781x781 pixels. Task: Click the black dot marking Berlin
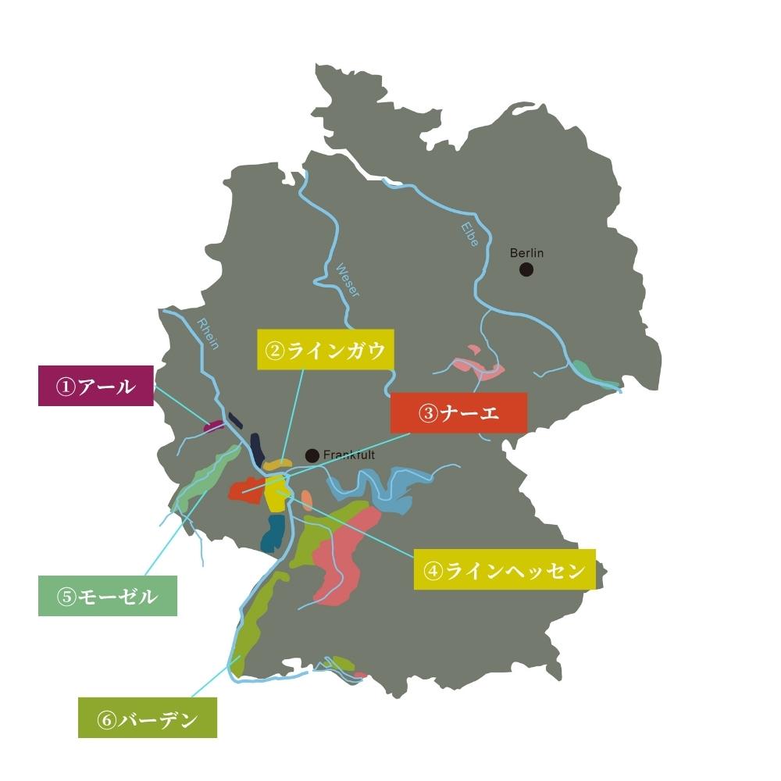pyautogui.click(x=526, y=269)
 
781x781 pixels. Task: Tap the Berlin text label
pyautogui.click(x=526, y=253)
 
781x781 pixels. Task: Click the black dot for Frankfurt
pyautogui.click(x=312, y=455)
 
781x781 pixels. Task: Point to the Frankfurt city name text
pyautogui.click(x=349, y=455)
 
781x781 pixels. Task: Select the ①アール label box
pyautogui.click(x=96, y=386)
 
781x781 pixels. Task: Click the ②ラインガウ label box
pyautogui.click(x=326, y=349)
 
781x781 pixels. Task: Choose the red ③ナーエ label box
pyautogui.click(x=458, y=412)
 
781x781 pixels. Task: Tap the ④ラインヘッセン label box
pyautogui.click(x=505, y=569)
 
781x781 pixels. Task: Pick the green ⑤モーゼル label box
pyautogui.click(x=108, y=596)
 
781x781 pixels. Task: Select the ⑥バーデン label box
pyautogui.click(x=148, y=718)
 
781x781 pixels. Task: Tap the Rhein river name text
pyautogui.click(x=209, y=333)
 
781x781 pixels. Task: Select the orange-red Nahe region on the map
pyautogui.click(x=244, y=490)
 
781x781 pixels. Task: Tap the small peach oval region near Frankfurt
pyautogui.click(x=307, y=501)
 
